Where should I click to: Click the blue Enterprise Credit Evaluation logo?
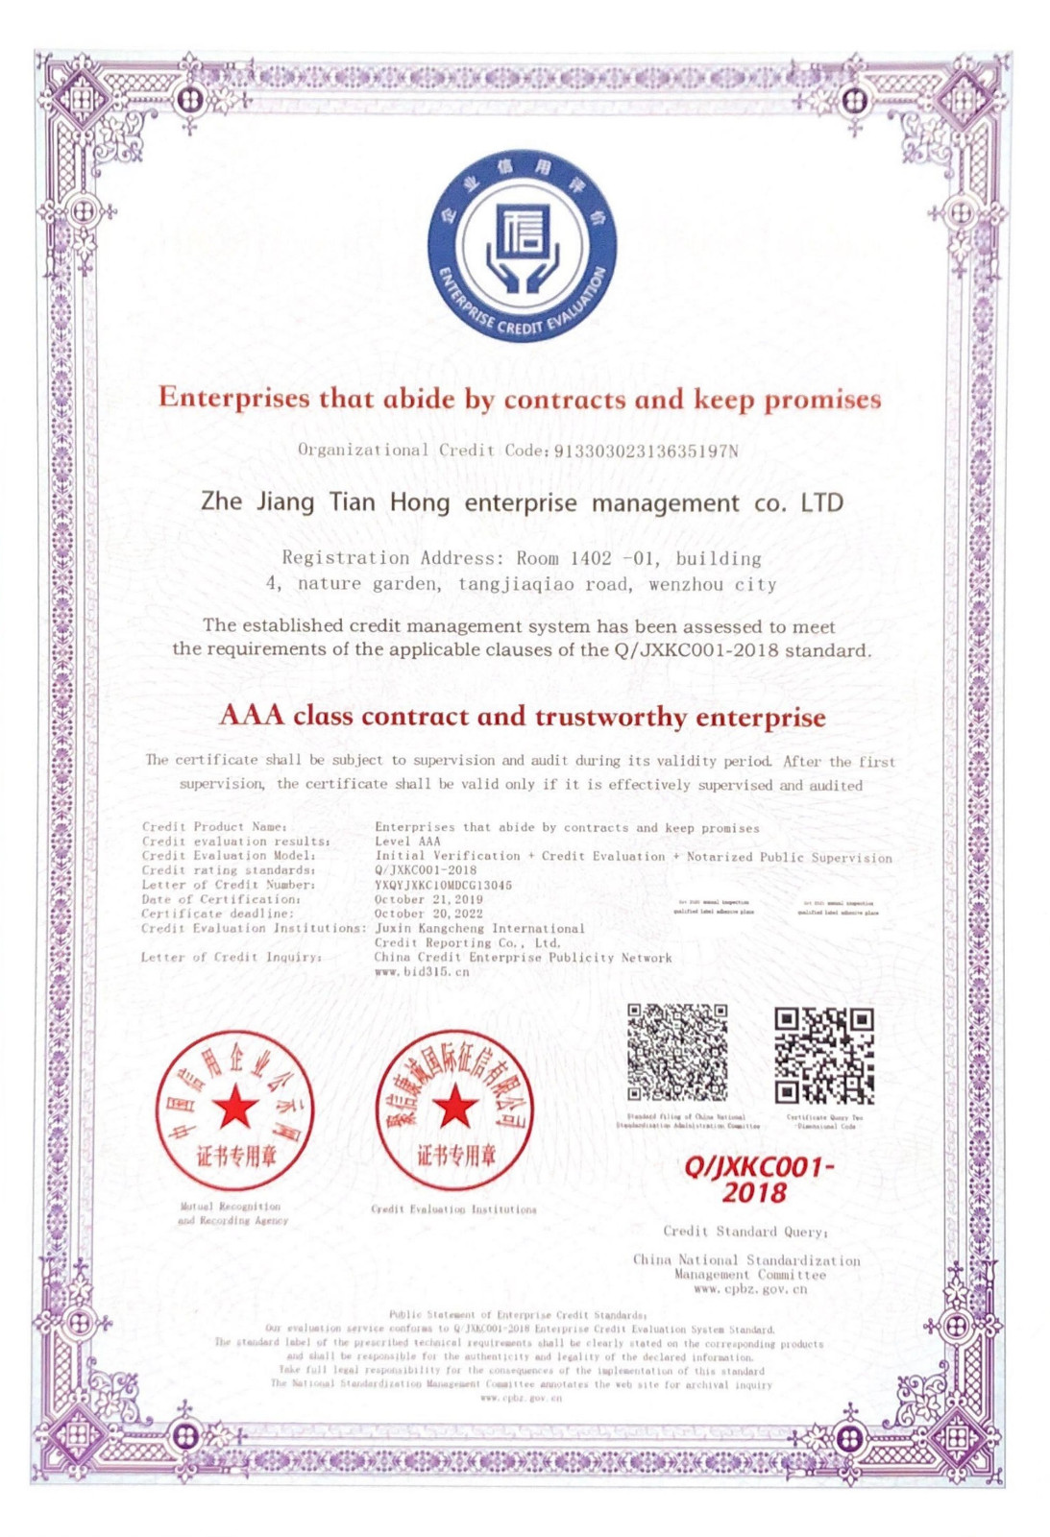point(523,245)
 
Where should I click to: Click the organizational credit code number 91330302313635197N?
point(646,451)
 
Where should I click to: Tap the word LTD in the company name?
point(821,502)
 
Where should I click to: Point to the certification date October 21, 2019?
point(428,899)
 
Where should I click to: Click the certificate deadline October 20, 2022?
point(428,914)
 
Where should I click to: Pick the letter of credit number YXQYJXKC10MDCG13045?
point(443,885)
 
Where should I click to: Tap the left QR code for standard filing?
point(677,1053)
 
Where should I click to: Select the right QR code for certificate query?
point(824,1056)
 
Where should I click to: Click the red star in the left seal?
point(235,1108)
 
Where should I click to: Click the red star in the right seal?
point(454,1108)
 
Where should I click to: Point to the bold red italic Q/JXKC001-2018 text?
point(757,1180)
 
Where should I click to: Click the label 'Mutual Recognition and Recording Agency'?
point(232,1213)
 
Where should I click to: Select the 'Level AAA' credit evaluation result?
point(407,842)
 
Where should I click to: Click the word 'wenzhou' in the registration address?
point(686,584)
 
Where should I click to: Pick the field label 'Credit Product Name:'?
point(213,826)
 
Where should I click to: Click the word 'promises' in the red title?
point(822,400)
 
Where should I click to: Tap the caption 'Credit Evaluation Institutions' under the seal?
point(453,1209)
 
